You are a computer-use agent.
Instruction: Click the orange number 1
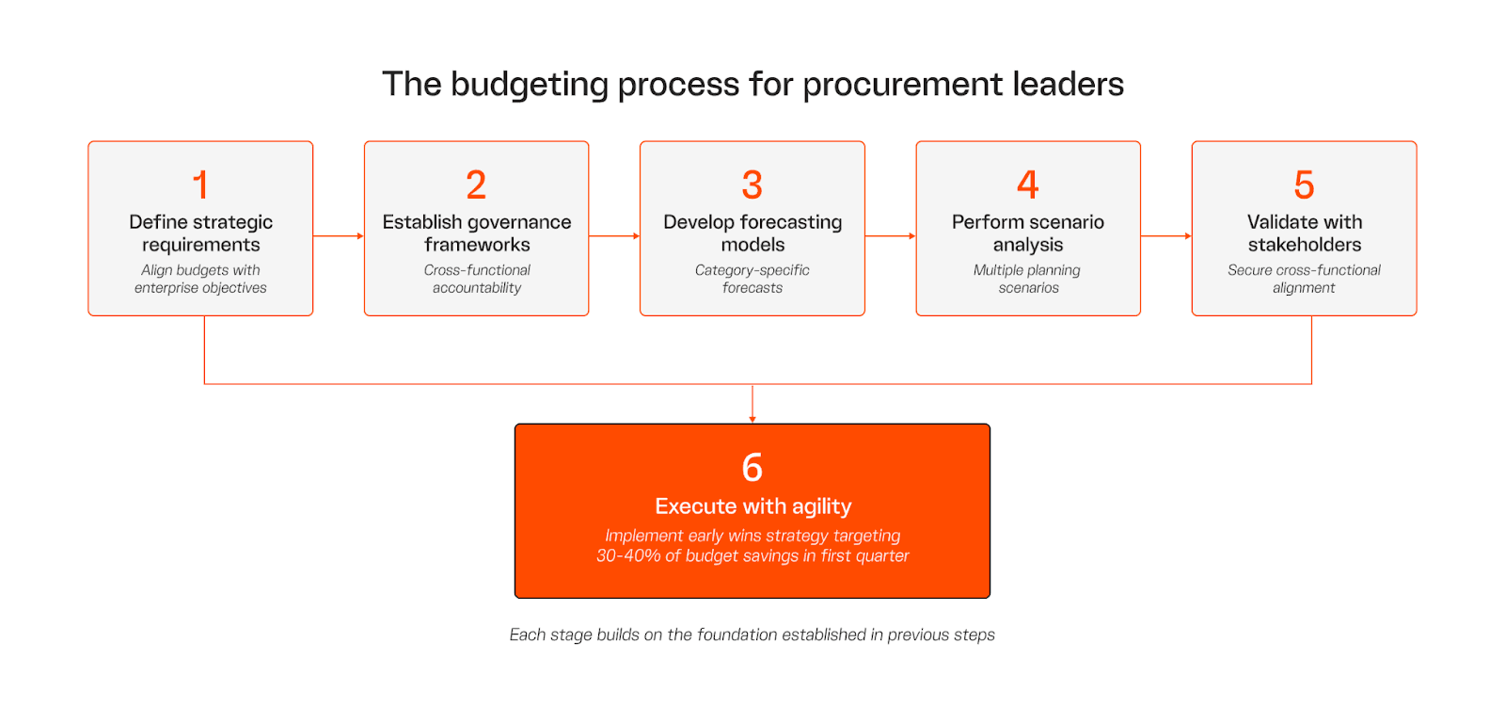200,185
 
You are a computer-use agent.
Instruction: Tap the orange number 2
476,185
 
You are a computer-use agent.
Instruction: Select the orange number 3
752,185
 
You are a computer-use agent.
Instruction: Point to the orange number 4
1027,185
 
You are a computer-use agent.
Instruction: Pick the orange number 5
1304,185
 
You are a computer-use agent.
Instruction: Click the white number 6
752,468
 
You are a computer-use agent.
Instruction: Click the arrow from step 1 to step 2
339,236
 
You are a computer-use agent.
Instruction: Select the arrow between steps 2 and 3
614,236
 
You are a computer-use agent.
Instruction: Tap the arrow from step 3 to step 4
890,236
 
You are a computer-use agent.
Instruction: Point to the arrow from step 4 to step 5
1166,236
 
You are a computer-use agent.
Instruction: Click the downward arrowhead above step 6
752,418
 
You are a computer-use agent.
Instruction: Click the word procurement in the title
904,85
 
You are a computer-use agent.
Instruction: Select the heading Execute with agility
752,506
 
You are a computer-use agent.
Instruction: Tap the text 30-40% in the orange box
628,556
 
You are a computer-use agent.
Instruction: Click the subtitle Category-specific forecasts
752,279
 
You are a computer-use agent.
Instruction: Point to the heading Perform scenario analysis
1027,233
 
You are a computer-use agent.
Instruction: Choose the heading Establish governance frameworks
476,233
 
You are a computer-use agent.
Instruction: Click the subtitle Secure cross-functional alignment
1304,279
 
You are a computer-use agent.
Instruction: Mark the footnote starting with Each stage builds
752,635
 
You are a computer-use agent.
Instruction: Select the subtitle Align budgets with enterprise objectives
200,279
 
